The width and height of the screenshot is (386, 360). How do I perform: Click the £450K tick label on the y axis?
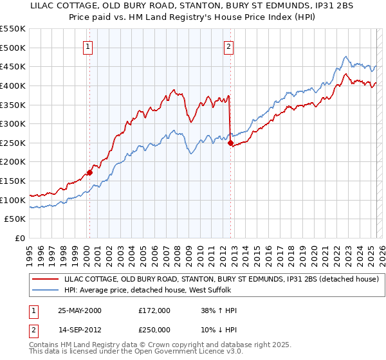[13, 66]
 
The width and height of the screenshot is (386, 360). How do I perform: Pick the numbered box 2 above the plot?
[228, 46]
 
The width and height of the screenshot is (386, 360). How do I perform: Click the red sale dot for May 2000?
[90, 172]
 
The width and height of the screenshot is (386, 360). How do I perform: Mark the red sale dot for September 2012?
[230, 143]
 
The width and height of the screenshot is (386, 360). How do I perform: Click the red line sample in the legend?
[46, 279]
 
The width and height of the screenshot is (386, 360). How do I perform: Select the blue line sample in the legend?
[46, 291]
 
